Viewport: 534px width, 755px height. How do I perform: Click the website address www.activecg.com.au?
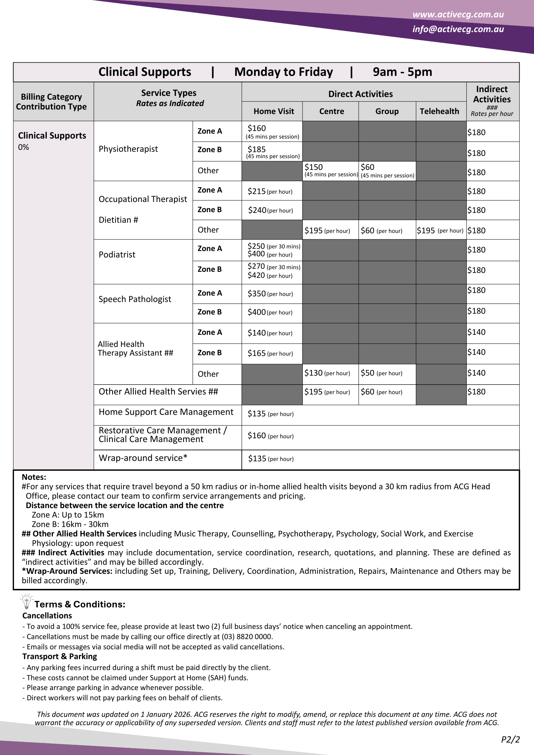[458, 15]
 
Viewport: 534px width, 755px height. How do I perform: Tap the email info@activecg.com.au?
[458, 29]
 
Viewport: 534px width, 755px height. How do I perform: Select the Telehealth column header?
[439, 111]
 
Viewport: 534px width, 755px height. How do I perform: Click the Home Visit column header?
[273, 111]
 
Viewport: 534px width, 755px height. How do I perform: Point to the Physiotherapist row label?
[128, 149]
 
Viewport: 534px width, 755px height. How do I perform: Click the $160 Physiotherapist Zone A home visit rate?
[257, 129]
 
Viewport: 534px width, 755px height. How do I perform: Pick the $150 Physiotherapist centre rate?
[314, 167]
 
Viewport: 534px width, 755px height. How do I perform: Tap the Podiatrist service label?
[117, 255]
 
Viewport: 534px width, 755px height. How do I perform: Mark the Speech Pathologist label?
[134, 299]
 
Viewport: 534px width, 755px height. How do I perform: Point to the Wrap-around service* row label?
[143, 458]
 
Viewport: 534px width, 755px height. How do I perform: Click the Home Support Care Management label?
[166, 412]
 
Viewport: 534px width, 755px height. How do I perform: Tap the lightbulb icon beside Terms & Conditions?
[26, 601]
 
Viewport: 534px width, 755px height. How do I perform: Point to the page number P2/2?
[510, 740]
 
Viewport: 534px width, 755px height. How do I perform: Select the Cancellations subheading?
[47, 616]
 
